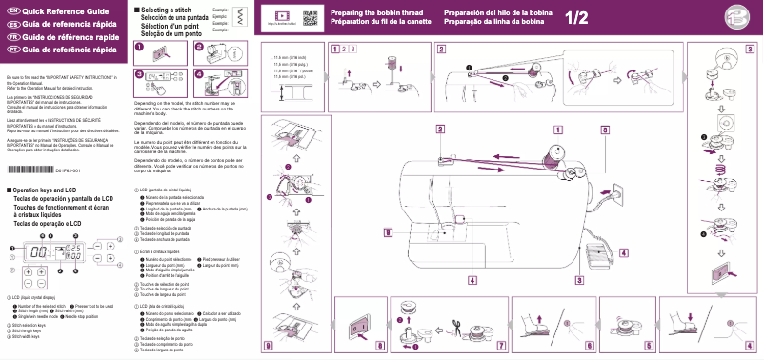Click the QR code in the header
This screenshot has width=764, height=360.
[x=311, y=17]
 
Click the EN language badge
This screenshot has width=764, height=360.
[x=11, y=9]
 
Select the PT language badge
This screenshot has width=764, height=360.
[x=11, y=49]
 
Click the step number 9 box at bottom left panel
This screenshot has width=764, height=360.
[x=268, y=346]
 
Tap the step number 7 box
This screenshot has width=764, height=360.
[x=501, y=346]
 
